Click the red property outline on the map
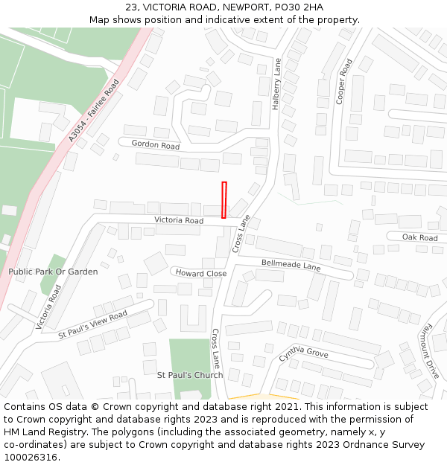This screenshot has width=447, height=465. [x=223, y=199]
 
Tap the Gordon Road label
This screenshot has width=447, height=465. [x=156, y=145]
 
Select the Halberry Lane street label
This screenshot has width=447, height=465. [x=276, y=84]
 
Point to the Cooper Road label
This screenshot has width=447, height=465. [x=343, y=82]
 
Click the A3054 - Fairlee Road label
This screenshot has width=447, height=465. [x=93, y=111]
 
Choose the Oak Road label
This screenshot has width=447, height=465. [x=419, y=237]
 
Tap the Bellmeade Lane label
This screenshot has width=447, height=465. [x=291, y=265]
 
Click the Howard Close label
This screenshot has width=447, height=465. [x=201, y=273]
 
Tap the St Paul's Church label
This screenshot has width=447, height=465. [x=189, y=375]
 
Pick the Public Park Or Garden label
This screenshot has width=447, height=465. [x=53, y=272]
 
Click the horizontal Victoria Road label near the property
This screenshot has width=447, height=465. [x=179, y=220]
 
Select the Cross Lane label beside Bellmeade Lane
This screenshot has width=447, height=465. [x=242, y=234]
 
